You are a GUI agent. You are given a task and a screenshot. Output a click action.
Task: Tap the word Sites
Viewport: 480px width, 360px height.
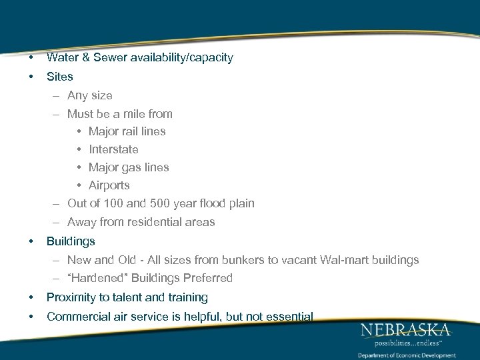point(59,77)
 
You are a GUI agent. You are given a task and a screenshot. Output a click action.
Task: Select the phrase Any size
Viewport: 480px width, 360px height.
point(90,95)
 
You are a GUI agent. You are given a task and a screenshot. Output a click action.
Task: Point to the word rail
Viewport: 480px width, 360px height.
point(131,131)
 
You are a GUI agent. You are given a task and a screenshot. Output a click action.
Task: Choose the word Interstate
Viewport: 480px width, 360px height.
point(113,149)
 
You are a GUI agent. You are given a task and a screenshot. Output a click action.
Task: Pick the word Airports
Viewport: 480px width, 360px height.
point(109,185)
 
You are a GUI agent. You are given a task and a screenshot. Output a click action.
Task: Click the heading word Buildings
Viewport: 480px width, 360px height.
point(71,241)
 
